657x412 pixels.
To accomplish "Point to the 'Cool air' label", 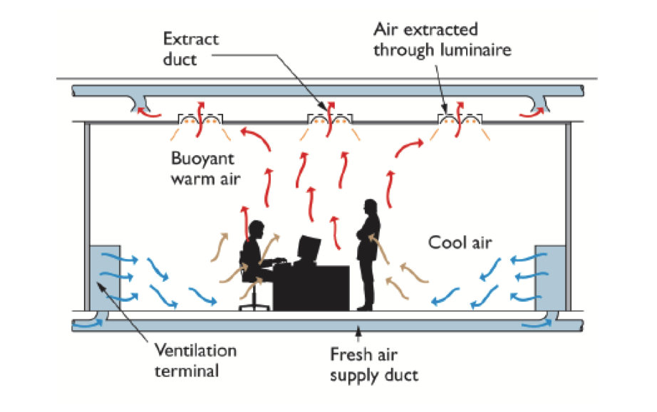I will pyautogui.click(x=460, y=242).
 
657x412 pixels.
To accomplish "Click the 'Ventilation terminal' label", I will pyautogui.click(x=195, y=359).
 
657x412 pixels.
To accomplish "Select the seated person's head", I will pyautogui.click(x=257, y=231).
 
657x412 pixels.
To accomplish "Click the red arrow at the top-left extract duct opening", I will pyautogui.click(x=148, y=111).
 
